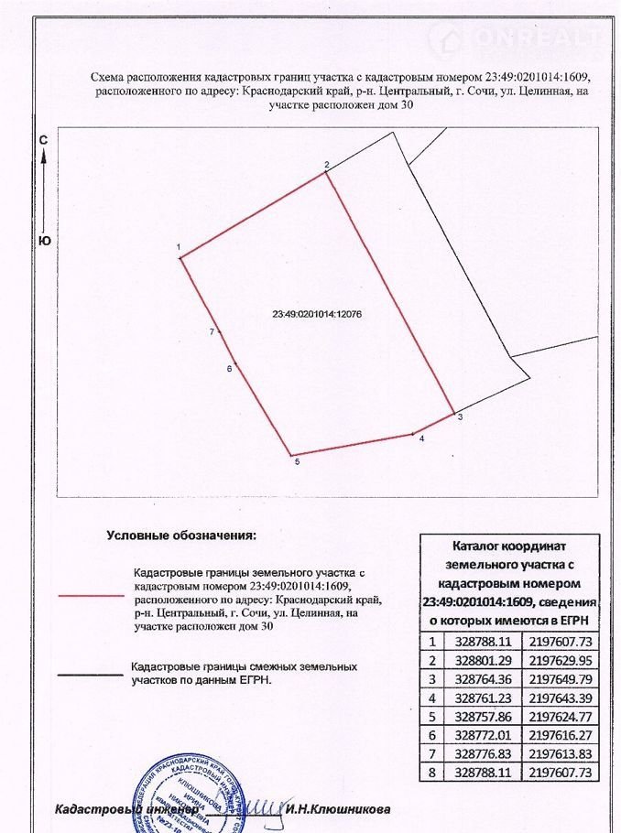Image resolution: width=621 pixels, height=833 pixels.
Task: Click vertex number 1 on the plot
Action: point(180,247)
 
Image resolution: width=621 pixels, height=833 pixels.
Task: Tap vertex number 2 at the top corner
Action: point(326,165)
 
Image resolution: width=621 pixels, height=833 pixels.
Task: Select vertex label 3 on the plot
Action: point(460,417)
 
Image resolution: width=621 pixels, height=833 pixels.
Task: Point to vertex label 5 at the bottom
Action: point(297,463)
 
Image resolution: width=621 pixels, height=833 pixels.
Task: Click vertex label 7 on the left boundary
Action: point(212,331)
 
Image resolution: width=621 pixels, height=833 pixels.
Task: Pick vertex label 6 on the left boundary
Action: point(229,369)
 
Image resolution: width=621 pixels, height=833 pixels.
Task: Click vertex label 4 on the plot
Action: point(421,439)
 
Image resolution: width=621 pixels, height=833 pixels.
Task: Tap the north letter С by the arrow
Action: point(43,140)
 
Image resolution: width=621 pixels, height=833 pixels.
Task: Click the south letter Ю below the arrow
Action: point(43,241)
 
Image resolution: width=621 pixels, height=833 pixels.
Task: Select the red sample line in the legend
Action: point(90,595)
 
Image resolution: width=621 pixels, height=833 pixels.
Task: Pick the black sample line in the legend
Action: point(90,675)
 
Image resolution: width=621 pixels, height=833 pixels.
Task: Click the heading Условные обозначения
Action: point(181,535)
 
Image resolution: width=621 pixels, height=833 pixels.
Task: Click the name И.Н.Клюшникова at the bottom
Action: point(337,809)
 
